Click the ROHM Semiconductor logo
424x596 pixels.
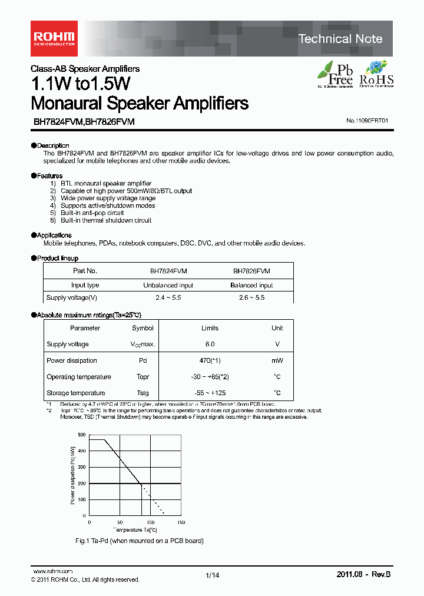(53, 38)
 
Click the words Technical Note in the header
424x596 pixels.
(340, 39)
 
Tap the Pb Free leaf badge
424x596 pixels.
(336, 74)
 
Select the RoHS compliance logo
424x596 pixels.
(376, 74)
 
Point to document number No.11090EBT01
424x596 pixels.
(367, 121)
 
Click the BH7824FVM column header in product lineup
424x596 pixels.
(168, 271)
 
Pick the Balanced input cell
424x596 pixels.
(251, 285)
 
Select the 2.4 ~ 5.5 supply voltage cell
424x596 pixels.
(168, 298)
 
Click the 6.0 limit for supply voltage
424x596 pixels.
(210, 344)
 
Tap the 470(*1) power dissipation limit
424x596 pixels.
(210, 360)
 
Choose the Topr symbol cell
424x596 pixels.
(143, 377)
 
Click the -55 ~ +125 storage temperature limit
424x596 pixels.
(210, 393)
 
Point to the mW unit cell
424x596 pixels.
(277, 360)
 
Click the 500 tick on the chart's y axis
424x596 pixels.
(81, 435)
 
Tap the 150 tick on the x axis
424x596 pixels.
(181, 522)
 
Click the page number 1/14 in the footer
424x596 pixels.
(212, 575)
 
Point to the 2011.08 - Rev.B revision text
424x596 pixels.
(363, 575)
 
